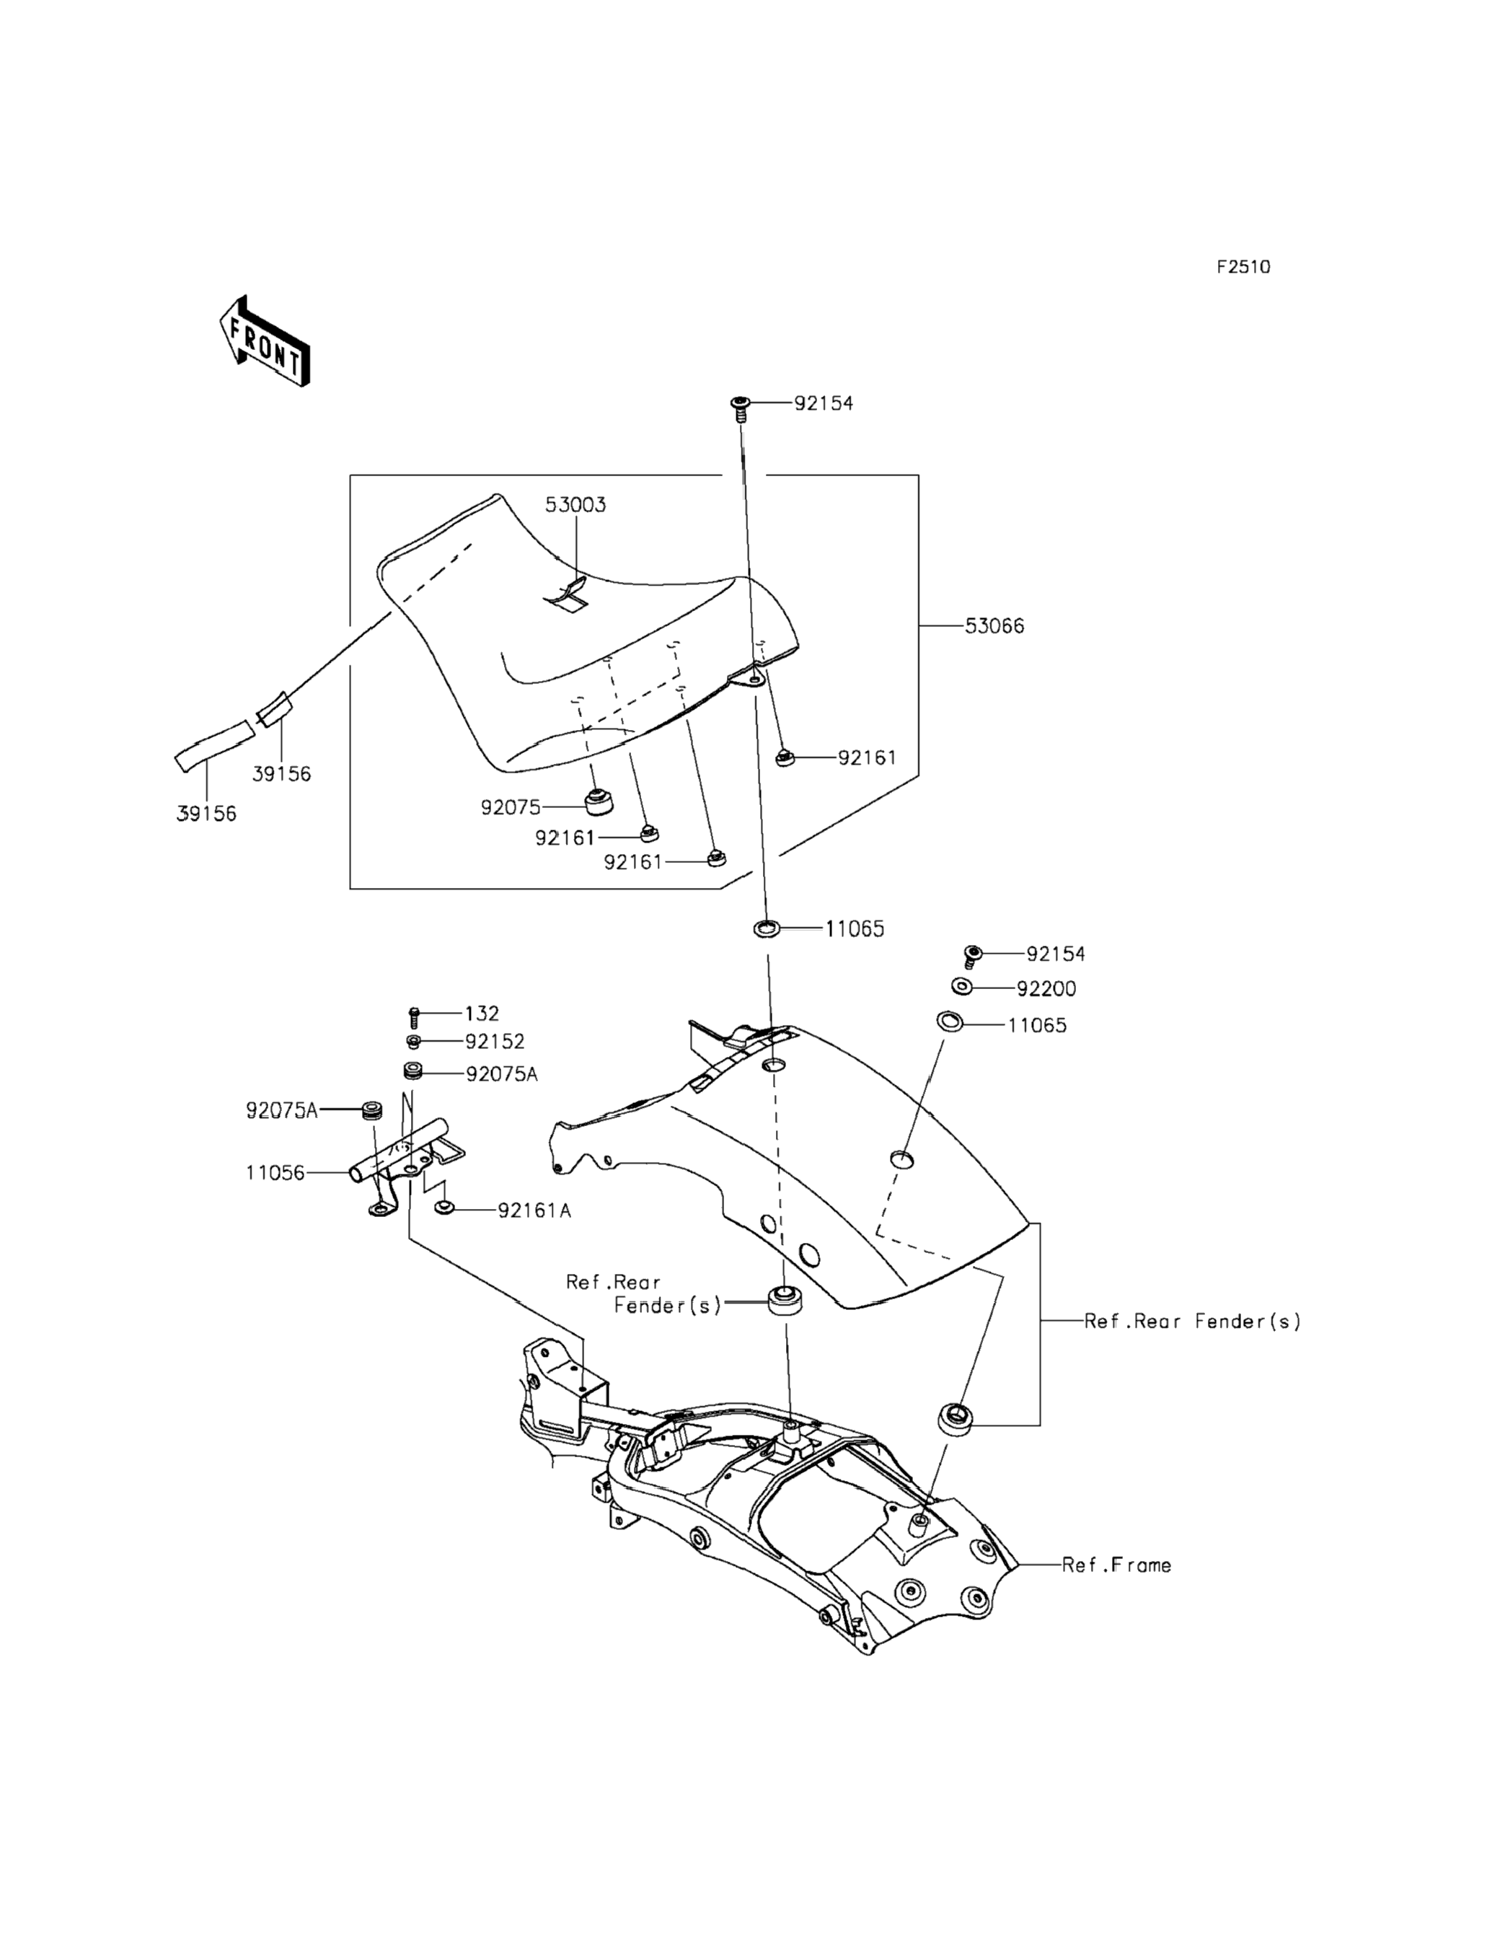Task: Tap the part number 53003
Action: pyautogui.click(x=575, y=505)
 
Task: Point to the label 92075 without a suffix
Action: pyautogui.click(x=511, y=807)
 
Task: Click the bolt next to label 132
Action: pyautogui.click(x=413, y=1017)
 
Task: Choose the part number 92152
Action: pyautogui.click(x=495, y=1042)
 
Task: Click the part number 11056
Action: pyautogui.click(x=275, y=1173)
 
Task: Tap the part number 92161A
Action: pyautogui.click(x=534, y=1210)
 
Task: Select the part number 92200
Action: pyautogui.click(x=1046, y=989)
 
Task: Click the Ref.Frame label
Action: pyautogui.click(x=1117, y=1565)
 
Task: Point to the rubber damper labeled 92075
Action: pyautogui.click(x=600, y=801)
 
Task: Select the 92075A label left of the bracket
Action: pyautogui.click(x=281, y=1110)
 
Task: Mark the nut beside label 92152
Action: pyautogui.click(x=413, y=1041)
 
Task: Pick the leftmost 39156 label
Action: pyautogui.click(x=206, y=814)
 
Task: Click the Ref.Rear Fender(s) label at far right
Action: pyautogui.click(x=1193, y=1322)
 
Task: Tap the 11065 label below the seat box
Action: pyautogui.click(x=855, y=930)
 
